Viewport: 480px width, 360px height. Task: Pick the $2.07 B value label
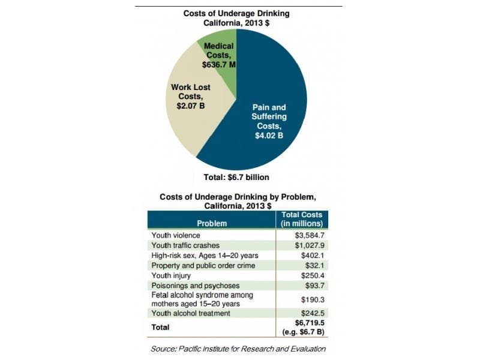pos(190,105)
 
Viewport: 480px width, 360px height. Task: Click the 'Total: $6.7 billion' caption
pos(237,177)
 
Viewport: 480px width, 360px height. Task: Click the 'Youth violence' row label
pos(176,235)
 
